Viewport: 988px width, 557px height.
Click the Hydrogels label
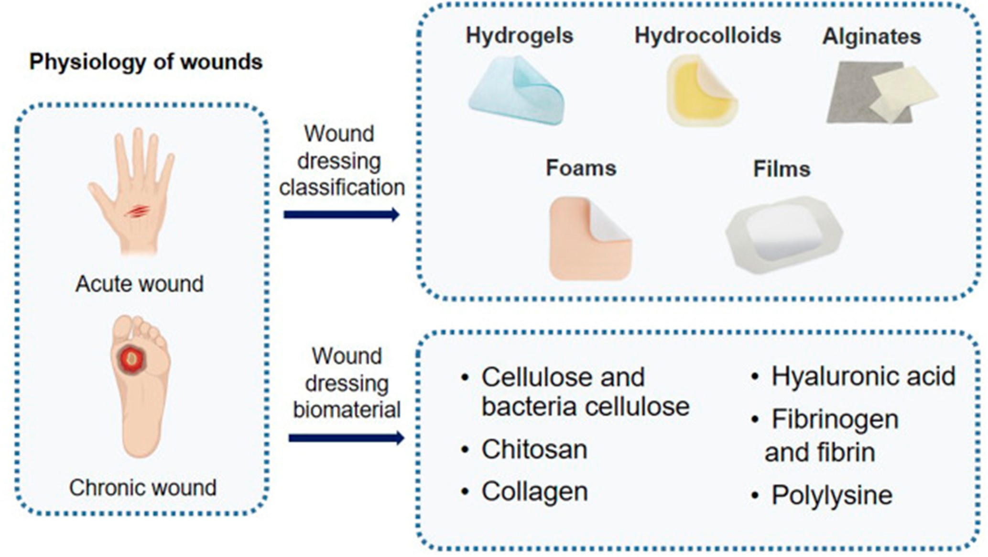519,36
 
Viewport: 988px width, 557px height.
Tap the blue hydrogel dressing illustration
516,91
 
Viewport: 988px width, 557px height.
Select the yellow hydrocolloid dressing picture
702,90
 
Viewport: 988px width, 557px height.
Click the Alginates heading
871,37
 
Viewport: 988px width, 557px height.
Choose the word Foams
581,168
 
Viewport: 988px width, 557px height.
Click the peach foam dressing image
590,238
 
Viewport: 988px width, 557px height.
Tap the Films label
782,169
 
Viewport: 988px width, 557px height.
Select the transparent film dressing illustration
784,234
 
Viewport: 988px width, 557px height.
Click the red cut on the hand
137,211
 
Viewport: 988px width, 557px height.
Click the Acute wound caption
140,284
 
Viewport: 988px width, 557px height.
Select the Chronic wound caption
142,488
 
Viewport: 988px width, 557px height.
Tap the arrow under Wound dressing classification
341,214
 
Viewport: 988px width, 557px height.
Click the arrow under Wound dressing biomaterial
347,438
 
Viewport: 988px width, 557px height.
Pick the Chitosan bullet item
524,449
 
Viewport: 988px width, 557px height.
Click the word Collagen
534,491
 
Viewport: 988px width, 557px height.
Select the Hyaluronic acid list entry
853,376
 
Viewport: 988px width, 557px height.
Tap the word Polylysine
832,495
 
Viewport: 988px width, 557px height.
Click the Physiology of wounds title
146,62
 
